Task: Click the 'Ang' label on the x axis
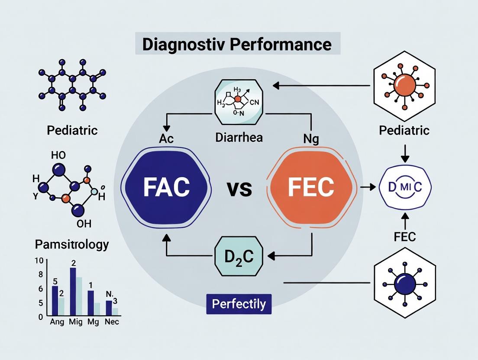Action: (58, 321)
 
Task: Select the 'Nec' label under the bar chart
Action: (112, 321)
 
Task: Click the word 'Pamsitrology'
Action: (71, 244)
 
